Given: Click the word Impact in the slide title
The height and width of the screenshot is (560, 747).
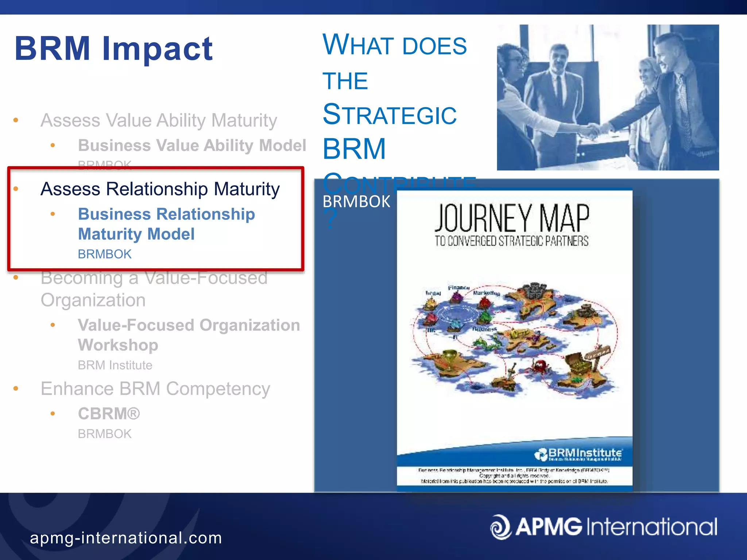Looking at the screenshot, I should tap(158, 49).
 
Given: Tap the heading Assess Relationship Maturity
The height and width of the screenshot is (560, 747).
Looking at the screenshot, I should tap(160, 189).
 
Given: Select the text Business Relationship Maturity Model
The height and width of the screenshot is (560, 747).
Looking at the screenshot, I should tap(166, 224).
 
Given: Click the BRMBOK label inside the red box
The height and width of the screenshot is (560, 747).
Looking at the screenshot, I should tap(105, 254).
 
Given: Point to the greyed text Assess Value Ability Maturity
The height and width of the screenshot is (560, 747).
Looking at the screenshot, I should tap(159, 120).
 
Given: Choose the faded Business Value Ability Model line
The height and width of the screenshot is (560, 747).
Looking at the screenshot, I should tap(192, 145).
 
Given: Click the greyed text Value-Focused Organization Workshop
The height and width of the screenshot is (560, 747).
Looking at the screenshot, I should tap(189, 335).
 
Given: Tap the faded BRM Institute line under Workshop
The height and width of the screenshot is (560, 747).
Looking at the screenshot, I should tap(115, 365).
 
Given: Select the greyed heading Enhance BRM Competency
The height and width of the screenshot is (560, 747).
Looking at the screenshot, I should tap(155, 389).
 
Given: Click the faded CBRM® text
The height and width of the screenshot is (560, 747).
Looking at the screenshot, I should tap(109, 414).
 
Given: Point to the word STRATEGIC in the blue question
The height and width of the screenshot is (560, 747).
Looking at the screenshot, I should tap(390, 115).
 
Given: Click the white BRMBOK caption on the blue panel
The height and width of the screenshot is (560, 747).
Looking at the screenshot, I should tap(356, 202).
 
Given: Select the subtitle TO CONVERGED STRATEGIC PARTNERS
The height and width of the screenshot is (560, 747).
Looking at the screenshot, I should tap(511, 241).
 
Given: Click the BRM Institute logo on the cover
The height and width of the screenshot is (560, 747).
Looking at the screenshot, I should tap(578, 454).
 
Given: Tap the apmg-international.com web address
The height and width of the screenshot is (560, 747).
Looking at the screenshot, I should tap(126, 538).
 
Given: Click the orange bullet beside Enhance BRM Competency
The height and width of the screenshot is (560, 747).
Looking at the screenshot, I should tap(16, 389).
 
